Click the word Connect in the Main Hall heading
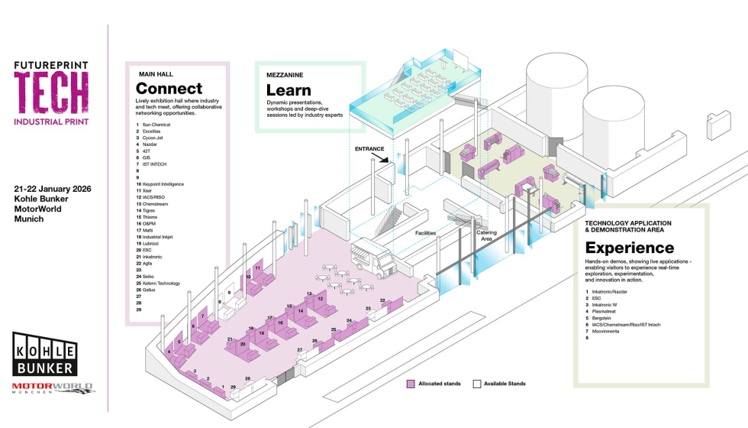click(169, 89)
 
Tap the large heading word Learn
click(289, 89)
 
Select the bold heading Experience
click(629, 248)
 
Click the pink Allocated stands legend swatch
click(411, 383)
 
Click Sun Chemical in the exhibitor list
click(156, 124)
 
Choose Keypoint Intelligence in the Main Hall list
click(163, 184)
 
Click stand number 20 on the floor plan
click(243, 344)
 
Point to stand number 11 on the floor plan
click(258, 269)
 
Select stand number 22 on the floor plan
click(382, 300)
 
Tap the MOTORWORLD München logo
click(52, 387)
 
